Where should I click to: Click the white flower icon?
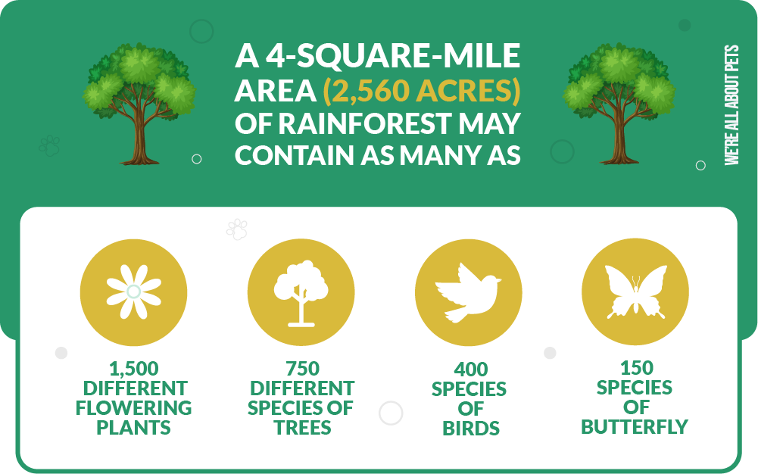click(x=134, y=292)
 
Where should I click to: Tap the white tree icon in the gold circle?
click(x=301, y=293)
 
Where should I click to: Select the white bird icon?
click(x=468, y=292)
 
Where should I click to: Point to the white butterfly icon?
click(x=635, y=292)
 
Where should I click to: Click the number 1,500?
click(x=134, y=369)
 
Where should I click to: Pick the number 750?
click(x=303, y=369)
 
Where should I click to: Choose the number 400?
click(x=470, y=370)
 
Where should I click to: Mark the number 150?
click(x=637, y=368)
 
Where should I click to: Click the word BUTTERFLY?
click(x=635, y=427)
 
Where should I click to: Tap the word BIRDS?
click(x=471, y=429)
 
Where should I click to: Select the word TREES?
click(x=303, y=428)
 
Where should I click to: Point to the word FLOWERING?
click(x=134, y=408)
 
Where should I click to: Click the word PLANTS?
click(x=134, y=428)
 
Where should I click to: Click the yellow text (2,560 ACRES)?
click(x=422, y=90)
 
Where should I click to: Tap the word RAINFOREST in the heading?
click(x=365, y=123)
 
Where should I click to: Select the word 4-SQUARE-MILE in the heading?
click(x=392, y=56)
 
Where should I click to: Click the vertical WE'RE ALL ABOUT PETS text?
click(x=732, y=104)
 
